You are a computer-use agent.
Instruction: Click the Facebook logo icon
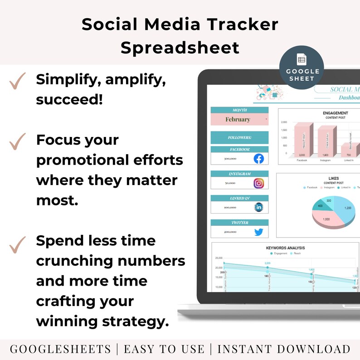coord(258,159)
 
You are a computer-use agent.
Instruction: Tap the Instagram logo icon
coord(258,183)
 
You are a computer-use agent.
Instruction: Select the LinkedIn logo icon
coord(258,207)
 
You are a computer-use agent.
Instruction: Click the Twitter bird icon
coord(258,232)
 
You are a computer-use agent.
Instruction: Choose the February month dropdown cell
coord(239,119)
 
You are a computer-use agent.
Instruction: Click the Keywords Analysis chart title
coord(285,248)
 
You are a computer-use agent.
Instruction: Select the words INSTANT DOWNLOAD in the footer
coord(284,349)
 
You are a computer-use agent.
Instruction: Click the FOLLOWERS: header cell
coord(239,137)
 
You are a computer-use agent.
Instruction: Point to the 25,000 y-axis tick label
coord(219,258)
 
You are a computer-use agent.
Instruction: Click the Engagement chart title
coord(336,113)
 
